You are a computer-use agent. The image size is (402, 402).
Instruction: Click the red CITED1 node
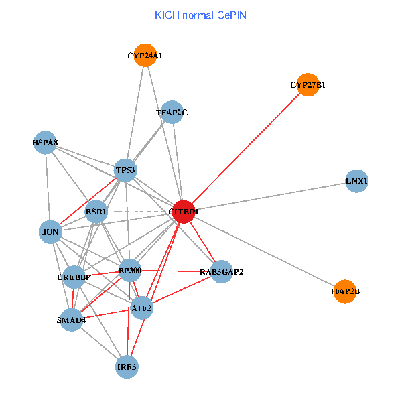pos(184,212)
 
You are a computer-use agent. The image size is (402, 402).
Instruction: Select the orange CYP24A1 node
pos(145,56)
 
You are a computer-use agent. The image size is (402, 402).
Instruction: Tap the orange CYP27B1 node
pos(308,85)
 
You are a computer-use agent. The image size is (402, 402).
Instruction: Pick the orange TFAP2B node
pos(344,291)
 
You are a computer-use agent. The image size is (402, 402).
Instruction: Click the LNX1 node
pos(357,181)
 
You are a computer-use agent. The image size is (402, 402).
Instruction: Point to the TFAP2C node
pos(172,113)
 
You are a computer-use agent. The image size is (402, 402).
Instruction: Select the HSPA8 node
pos(45,143)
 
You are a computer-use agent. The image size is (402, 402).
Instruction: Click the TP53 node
pos(125,170)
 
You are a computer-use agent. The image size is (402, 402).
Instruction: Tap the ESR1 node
pos(96,212)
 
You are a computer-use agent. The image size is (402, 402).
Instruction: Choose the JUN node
pos(51,232)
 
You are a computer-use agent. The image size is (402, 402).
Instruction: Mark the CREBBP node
pos(74,276)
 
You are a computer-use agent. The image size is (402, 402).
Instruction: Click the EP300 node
pos(129,271)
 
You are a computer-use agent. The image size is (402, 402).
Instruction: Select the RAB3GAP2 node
pos(222,272)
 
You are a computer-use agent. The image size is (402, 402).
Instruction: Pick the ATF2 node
pos(142,308)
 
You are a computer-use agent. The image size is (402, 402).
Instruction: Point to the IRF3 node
pos(127,367)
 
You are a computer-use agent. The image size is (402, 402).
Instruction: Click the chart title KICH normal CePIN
pos(200,15)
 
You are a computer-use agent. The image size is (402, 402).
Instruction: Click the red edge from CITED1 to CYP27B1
pos(246,148)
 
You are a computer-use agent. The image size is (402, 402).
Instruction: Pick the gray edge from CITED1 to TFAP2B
pos(264,252)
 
